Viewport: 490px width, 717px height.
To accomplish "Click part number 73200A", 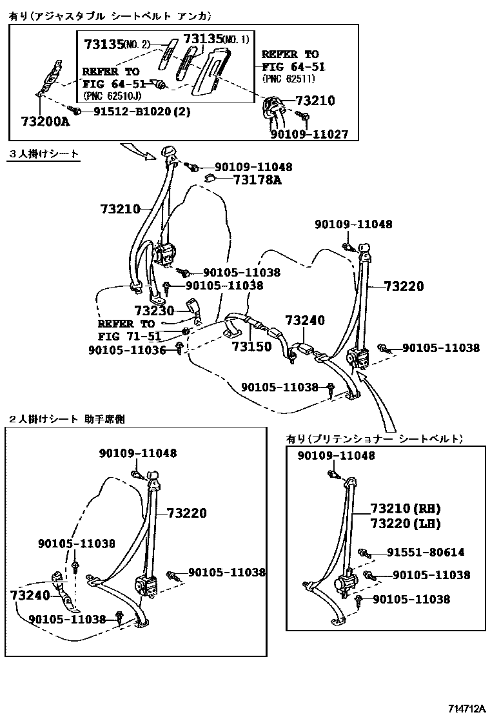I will coord(44,121).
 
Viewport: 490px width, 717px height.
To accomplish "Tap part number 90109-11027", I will coord(309,134).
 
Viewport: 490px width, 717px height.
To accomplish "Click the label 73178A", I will coord(257,181).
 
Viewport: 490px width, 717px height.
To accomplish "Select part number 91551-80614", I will coord(426,553).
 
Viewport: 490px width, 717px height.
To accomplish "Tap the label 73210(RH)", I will coord(405,508).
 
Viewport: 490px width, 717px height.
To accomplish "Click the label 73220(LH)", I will coord(405,524).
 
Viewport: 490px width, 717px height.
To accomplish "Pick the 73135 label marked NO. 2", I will coord(117,44).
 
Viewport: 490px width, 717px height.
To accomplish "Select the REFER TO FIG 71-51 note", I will coord(130,329).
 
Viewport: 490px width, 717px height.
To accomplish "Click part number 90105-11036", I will coord(128,349).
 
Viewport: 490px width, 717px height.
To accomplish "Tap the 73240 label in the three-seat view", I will coord(305,321).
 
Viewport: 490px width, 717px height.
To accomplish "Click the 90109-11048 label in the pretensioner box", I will coord(336,456).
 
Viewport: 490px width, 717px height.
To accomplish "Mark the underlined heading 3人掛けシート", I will coord(44,154).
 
